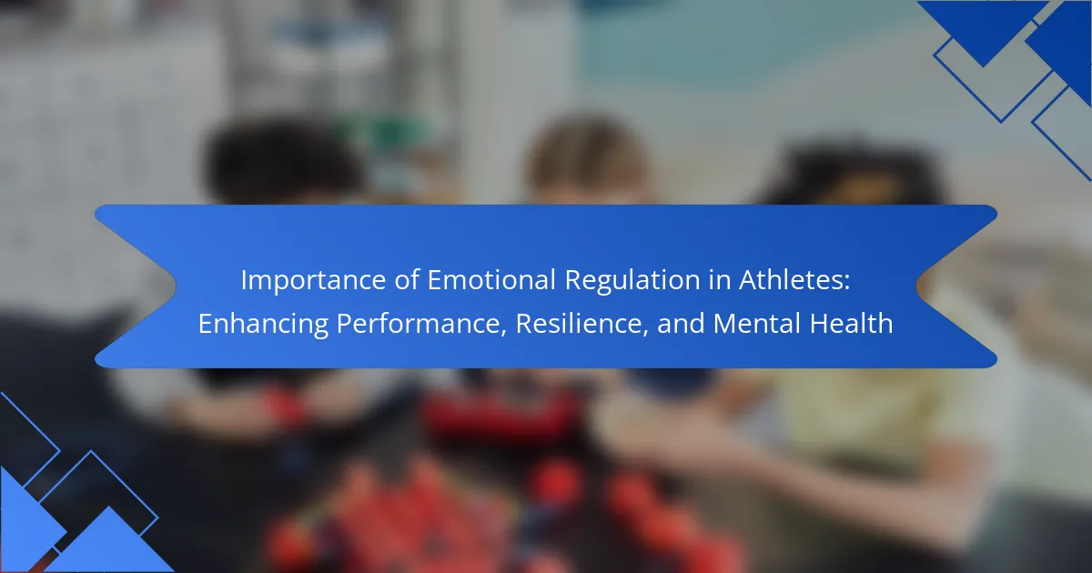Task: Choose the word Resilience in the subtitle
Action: click(x=579, y=323)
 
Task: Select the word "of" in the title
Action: click(x=407, y=280)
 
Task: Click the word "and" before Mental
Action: click(x=681, y=323)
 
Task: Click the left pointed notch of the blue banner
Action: click(x=176, y=286)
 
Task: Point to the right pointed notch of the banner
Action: click(x=916, y=286)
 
